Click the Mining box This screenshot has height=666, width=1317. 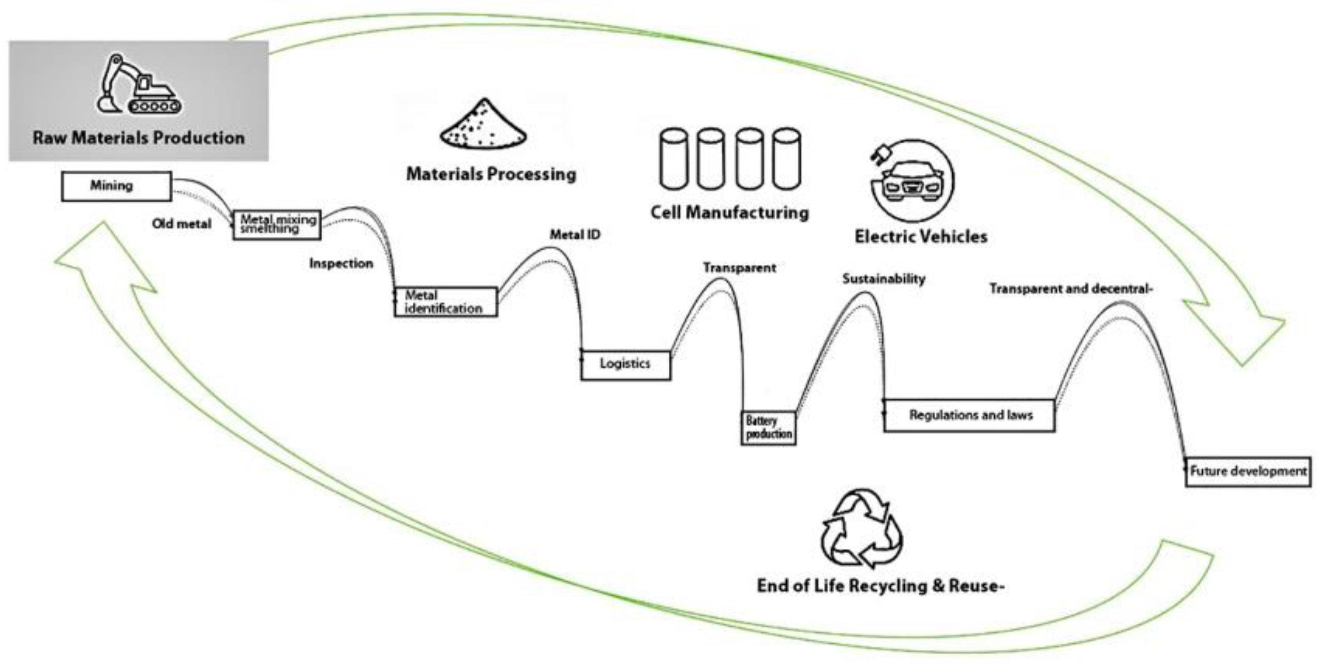tap(116, 186)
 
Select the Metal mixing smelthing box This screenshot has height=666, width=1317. tap(277, 224)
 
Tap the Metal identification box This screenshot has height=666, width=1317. tap(445, 302)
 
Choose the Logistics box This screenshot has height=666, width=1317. tap(625, 365)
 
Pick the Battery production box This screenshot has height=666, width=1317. tap(768, 428)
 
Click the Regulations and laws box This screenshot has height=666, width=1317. tap(969, 415)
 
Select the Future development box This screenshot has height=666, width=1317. tap(1248, 472)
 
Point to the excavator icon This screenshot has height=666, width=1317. tap(139, 85)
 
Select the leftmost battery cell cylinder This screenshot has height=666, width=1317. tap(674, 159)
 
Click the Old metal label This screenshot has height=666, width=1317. tap(181, 224)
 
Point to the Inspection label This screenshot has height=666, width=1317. tap(341, 264)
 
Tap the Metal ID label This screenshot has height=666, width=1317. tap(575, 235)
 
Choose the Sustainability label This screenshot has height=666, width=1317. tap(884, 279)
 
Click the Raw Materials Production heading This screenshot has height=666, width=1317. tap(139, 138)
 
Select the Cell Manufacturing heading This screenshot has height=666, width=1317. tap(729, 213)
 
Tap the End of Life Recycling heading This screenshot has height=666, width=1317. tap(880, 586)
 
